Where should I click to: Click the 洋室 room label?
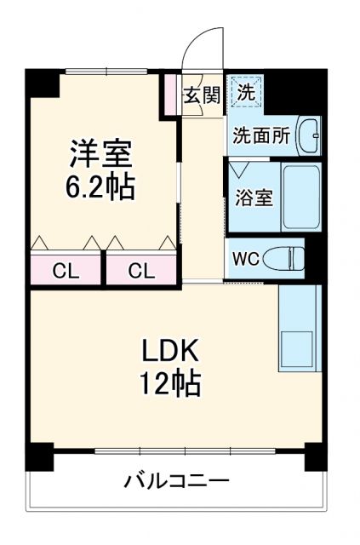100,156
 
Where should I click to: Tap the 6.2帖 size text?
100,187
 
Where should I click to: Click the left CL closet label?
66,272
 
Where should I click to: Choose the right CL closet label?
141,272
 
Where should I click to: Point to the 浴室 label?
253,198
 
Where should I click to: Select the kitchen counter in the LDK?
299,328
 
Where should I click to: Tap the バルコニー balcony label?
177,481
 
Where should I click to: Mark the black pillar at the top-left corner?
43,83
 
